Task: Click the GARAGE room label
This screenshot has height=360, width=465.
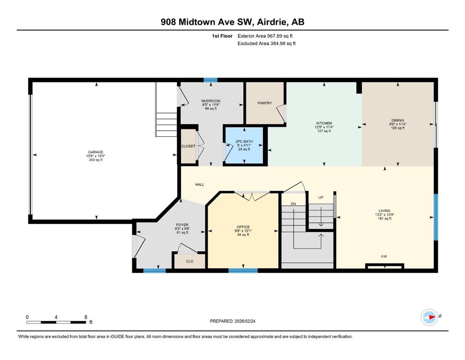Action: [x=96, y=152]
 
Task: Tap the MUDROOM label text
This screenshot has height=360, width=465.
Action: [x=211, y=101]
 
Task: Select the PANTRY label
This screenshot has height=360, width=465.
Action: [x=265, y=103]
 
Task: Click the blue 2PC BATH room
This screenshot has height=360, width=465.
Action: [x=244, y=145]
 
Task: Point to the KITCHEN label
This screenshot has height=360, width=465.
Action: [x=324, y=123]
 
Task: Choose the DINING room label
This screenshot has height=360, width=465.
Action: [x=398, y=120]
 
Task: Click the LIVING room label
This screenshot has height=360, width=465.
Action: [x=384, y=211]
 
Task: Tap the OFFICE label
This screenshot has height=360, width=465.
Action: [x=243, y=227]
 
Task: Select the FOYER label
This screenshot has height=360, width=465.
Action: [x=182, y=225]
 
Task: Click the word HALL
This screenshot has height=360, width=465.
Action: [x=199, y=184]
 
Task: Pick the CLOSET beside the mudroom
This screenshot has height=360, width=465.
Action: [x=188, y=146]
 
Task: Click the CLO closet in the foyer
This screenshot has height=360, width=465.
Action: [x=190, y=261]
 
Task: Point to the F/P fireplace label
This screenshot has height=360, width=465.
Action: [x=384, y=256]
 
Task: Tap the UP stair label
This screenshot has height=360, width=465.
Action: [x=321, y=197]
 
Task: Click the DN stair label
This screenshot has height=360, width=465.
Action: [x=293, y=203]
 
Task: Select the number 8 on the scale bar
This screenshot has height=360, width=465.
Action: [x=86, y=317]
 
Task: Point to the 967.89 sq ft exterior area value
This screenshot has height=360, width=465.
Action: [x=280, y=36]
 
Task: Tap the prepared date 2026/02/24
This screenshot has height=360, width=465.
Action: [x=245, y=321]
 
